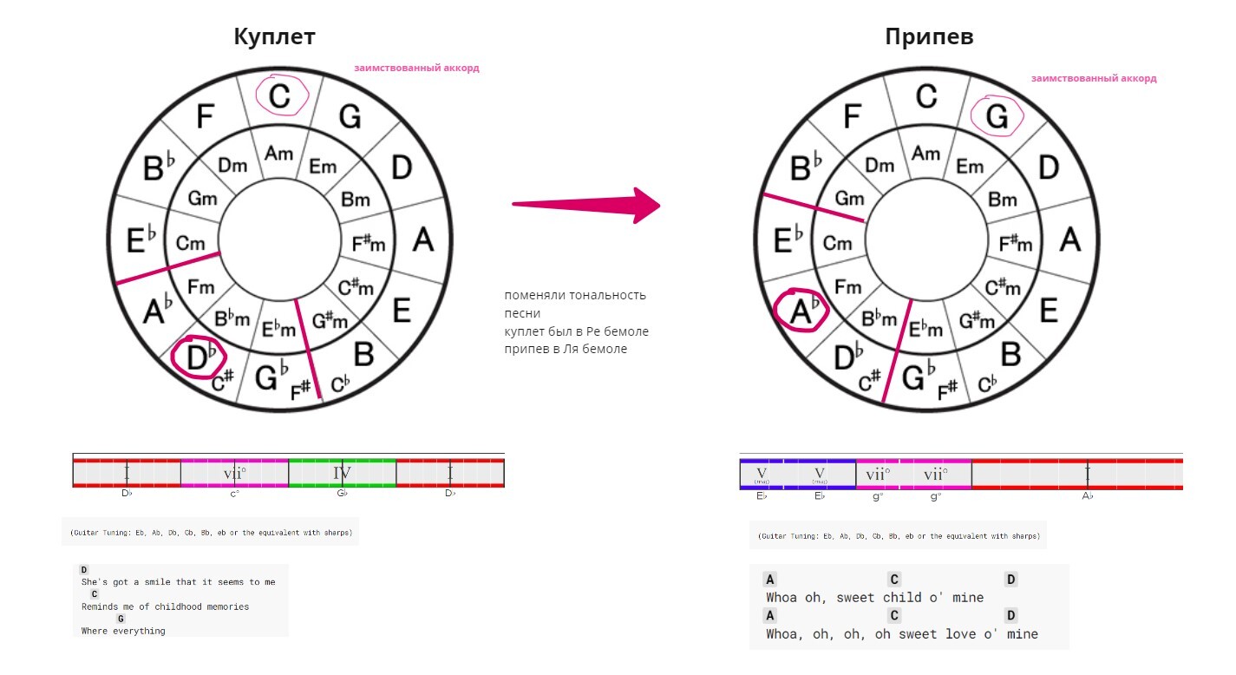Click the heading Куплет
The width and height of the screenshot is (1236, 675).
(274, 36)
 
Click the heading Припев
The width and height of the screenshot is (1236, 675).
(929, 36)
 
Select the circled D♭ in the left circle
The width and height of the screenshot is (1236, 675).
(199, 357)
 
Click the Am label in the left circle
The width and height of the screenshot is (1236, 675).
(278, 153)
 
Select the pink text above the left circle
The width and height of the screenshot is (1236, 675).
(416, 68)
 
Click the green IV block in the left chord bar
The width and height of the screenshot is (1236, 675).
(342, 473)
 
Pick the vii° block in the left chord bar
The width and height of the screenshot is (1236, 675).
(234, 473)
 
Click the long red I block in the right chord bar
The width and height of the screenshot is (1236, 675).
(1086, 474)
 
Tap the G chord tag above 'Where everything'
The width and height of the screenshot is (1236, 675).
(121, 619)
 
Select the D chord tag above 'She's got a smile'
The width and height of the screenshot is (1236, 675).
(84, 570)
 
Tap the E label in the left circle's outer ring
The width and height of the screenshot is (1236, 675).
(401, 310)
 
